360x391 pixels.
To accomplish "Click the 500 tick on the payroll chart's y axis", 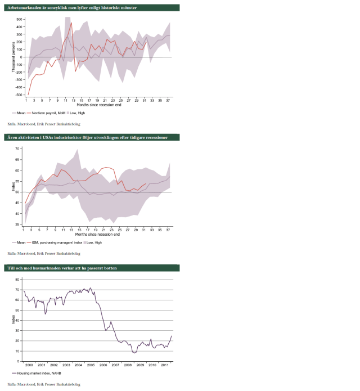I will point(19,19).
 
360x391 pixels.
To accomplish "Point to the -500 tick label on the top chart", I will point(19,95).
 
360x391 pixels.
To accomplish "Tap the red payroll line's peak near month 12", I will point(71,23).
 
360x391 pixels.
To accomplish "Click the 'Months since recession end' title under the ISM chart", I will point(98,233).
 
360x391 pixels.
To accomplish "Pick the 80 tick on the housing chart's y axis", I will point(19,279).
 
